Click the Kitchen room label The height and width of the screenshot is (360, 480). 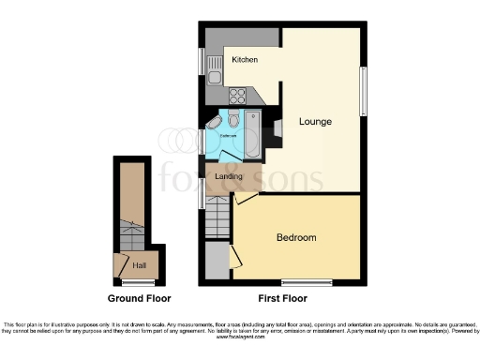(245, 60)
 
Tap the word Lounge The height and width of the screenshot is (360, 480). (315, 121)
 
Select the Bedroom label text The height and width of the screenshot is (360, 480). (295, 237)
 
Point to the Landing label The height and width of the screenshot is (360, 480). (229, 176)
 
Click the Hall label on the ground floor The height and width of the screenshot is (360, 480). (139, 265)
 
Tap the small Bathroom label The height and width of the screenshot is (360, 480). (228, 137)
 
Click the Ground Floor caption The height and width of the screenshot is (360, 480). (139, 299)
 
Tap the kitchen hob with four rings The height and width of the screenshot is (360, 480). (236, 95)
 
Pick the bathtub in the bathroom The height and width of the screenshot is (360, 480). (253, 128)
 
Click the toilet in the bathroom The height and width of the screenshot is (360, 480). (232, 120)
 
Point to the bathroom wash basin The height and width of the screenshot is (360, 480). (213, 124)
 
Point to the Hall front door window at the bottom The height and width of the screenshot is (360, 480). (138, 282)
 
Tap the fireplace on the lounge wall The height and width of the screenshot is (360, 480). (271, 131)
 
